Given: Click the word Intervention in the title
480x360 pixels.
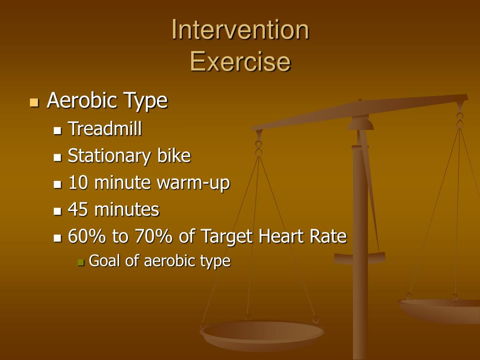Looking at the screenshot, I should coord(240,30).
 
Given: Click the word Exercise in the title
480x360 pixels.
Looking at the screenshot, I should coord(240,61).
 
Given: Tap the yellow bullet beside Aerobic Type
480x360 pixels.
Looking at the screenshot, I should coord(33,102).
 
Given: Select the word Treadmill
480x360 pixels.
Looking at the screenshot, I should coord(105,128).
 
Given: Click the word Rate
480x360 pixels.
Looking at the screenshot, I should coord(328,237).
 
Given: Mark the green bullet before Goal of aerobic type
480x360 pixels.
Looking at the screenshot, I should coord(81,262).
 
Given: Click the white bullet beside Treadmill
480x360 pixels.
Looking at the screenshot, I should coord(58,130).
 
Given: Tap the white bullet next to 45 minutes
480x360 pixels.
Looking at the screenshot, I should coord(58,211).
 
